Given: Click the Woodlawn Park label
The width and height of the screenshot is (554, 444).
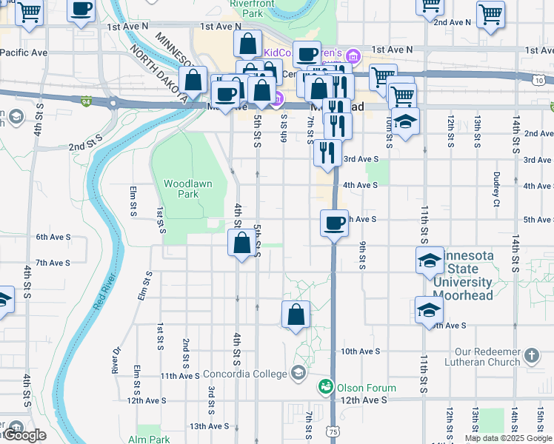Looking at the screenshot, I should point(181,188).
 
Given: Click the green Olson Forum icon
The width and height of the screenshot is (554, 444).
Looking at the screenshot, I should point(326,387).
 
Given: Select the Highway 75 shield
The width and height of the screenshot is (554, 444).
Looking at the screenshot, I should point(334,429).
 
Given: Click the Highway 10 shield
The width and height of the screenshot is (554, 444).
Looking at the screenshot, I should point(538,79).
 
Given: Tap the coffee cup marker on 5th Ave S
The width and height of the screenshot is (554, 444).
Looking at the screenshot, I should point(334,222).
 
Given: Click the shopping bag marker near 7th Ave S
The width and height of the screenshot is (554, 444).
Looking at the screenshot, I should point(242,243).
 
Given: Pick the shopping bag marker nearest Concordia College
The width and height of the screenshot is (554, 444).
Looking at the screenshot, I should point(296,314).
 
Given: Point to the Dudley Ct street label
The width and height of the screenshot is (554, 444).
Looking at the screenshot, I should point(496,189).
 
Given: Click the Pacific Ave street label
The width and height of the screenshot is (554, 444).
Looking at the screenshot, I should point(24,53).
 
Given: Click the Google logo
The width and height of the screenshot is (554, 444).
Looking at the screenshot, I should point(24,435).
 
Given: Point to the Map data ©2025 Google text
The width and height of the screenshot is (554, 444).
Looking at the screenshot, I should point(508,438).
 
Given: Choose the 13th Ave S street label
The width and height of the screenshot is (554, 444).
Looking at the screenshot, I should point(209,426).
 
